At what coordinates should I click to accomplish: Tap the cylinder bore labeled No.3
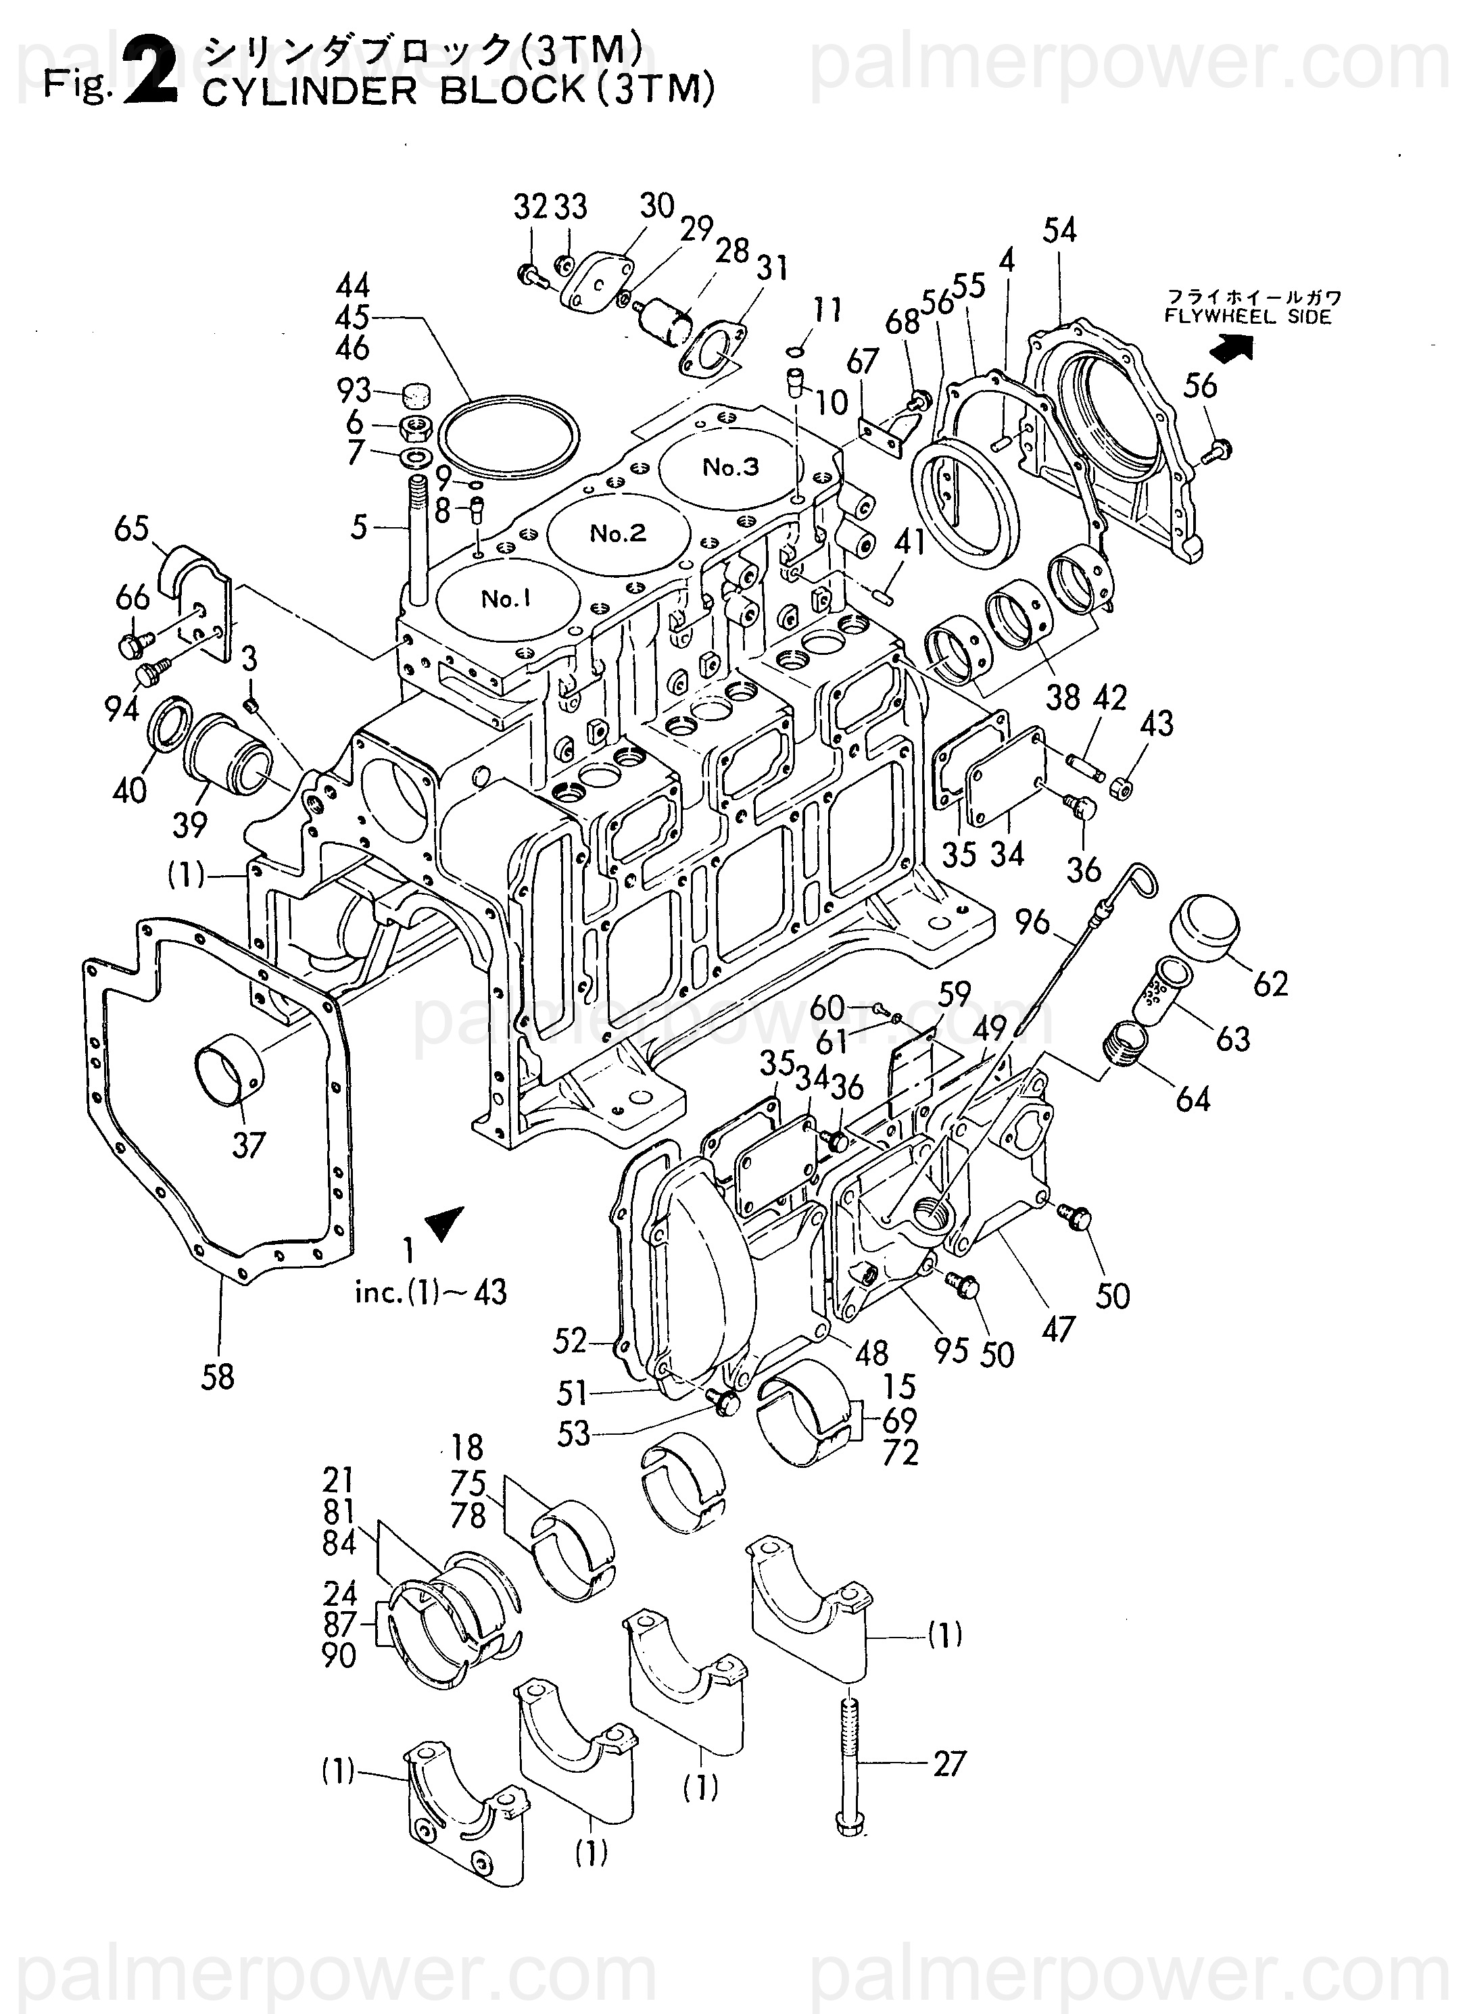(x=731, y=468)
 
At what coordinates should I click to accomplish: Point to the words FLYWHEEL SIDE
(x=1249, y=317)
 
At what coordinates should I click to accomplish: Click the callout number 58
(x=217, y=1377)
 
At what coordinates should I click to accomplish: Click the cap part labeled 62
(x=1204, y=929)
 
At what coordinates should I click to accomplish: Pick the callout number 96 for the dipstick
(x=1033, y=923)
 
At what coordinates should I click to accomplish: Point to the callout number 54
(x=1060, y=231)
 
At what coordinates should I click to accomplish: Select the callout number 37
(x=249, y=1146)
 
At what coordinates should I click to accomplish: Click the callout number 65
(x=131, y=529)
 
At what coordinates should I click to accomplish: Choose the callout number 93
(x=354, y=390)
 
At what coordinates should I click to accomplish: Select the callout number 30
(x=657, y=206)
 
